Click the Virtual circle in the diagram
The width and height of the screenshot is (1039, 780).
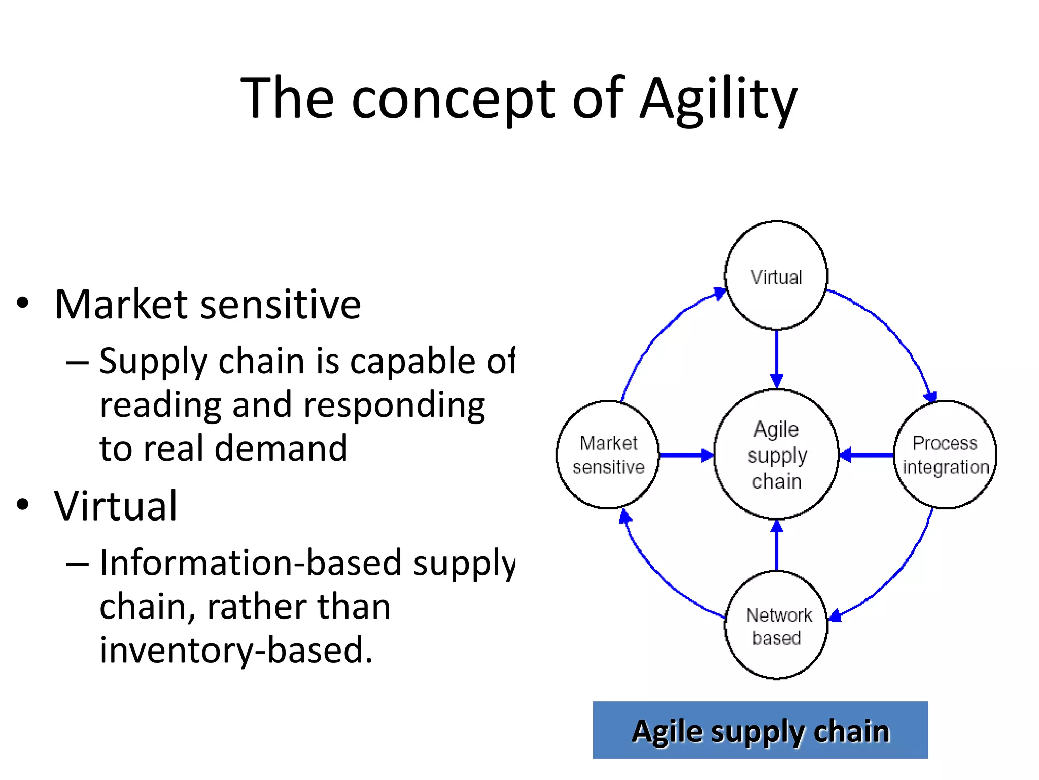pyautogui.click(x=776, y=276)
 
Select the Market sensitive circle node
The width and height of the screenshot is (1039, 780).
pyautogui.click(x=608, y=454)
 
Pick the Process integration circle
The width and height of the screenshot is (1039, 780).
pyautogui.click(x=945, y=454)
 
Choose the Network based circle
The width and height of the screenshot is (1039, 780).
pyautogui.click(x=776, y=625)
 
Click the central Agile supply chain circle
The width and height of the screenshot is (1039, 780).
pyautogui.click(x=776, y=454)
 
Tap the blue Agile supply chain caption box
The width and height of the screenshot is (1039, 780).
pyautogui.click(x=760, y=730)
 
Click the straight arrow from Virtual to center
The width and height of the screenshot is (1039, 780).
pyautogui.click(x=777, y=358)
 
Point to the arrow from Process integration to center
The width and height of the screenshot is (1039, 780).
pyautogui.click(x=867, y=455)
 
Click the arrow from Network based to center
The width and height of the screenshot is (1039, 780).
pyautogui.click(x=777, y=546)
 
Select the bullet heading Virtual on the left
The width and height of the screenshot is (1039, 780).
pyautogui.click(x=116, y=506)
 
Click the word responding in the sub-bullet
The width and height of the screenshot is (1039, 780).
pyautogui.click(x=394, y=405)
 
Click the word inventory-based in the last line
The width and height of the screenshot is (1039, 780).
pyautogui.click(x=235, y=650)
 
